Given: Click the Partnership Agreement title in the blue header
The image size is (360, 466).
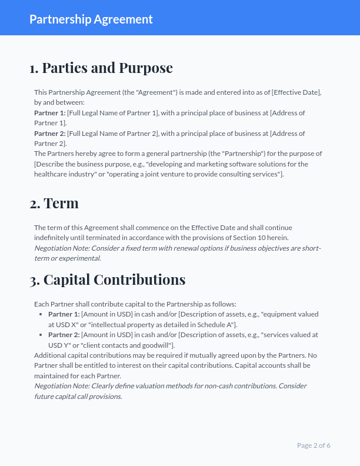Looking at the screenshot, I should [x=91, y=19].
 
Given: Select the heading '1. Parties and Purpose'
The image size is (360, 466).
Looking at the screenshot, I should [x=101, y=68].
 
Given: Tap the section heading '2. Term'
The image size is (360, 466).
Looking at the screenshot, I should [x=54, y=203].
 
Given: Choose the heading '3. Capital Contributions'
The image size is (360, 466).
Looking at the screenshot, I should [x=108, y=279].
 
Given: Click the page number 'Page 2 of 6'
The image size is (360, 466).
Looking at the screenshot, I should [x=314, y=445].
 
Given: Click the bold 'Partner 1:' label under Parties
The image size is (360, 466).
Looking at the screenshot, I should [x=50, y=112].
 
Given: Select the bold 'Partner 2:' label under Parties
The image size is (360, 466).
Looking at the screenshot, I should [x=50, y=134].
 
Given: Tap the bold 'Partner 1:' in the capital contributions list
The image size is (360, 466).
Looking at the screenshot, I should [x=64, y=314].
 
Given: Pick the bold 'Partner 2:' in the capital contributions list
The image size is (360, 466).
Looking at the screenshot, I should [x=64, y=335].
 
